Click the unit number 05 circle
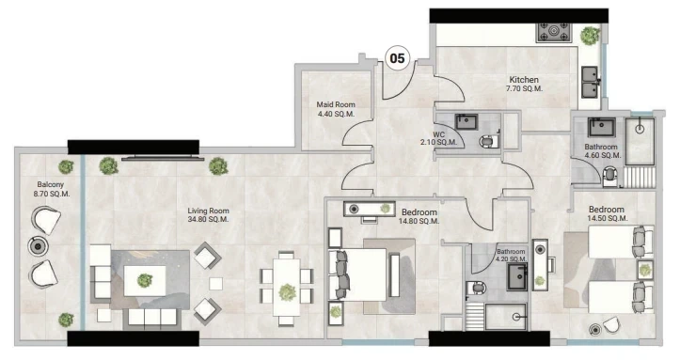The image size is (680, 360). click(397, 58)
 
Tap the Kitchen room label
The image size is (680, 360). click(524, 80)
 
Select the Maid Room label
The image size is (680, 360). click(336, 104)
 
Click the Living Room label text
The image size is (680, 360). click(208, 211)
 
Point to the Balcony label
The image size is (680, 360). click(50, 184)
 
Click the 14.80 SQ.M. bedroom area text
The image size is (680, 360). click(419, 221)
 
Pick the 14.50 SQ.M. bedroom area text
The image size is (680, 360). click(608, 218)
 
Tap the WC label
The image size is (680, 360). click(438, 134)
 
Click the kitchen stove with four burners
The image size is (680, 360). click(554, 32)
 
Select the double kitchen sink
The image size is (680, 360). click(590, 82)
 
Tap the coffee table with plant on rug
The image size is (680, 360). click(145, 281)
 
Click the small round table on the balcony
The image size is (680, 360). click(39, 247)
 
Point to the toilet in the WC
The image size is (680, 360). click(490, 141)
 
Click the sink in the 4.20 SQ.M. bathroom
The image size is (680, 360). click(517, 276)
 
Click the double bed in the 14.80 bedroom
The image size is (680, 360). click(357, 274)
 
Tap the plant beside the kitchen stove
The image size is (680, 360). click(590, 36)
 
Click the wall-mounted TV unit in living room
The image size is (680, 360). click(163, 159)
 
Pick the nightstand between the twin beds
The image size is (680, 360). click(645, 270)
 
